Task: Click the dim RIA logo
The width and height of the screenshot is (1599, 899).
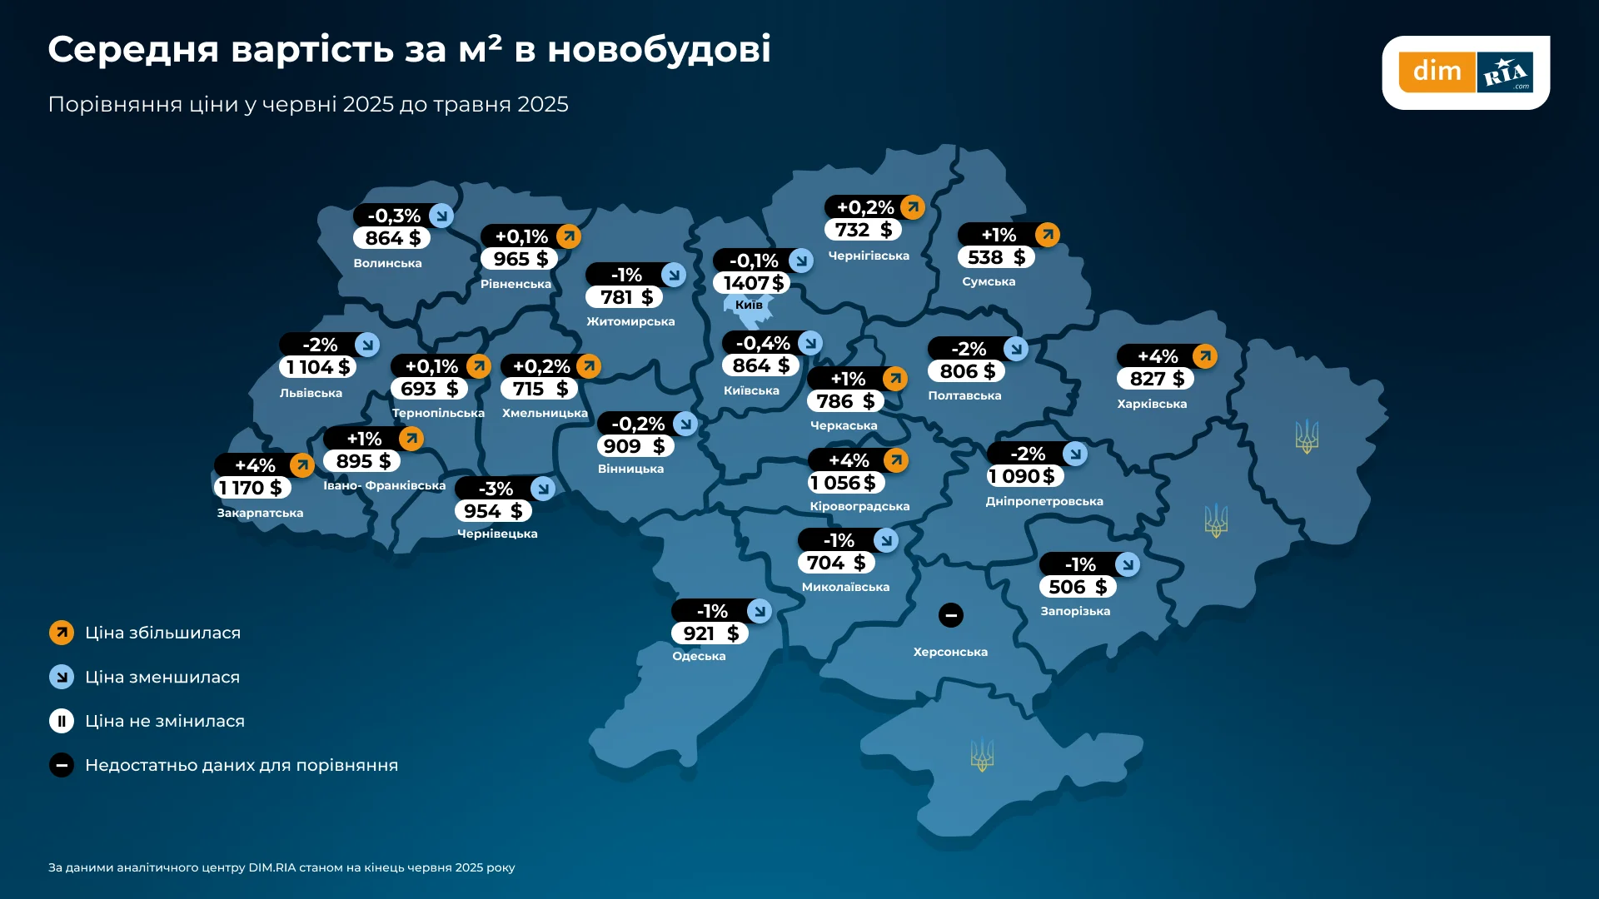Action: (1465, 72)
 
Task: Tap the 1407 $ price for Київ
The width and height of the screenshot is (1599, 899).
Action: (752, 283)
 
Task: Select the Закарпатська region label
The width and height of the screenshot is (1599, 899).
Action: (260, 513)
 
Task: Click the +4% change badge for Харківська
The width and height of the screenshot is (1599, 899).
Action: (1158, 356)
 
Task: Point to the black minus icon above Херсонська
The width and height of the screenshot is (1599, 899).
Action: (950, 615)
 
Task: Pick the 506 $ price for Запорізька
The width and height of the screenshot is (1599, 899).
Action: (1077, 587)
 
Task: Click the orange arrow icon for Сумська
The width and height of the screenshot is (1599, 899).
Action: (1047, 235)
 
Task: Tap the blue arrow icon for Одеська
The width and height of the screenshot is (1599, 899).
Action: (759, 611)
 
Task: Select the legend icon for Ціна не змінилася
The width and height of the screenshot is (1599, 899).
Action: (62, 721)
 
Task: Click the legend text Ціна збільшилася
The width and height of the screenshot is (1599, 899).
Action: (162, 633)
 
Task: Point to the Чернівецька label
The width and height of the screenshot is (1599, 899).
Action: (497, 534)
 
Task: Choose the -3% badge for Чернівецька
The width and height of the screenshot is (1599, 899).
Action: (496, 489)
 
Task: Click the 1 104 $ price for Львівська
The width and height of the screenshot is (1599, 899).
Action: (317, 367)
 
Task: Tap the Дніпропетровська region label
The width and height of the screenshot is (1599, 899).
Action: (1044, 501)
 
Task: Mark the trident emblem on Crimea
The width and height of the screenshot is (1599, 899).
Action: (982, 755)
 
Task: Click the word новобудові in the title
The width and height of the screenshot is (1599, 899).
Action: (659, 49)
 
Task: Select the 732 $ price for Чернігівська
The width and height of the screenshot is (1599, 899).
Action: (863, 230)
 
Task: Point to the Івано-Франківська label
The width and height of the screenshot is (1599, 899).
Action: (384, 485)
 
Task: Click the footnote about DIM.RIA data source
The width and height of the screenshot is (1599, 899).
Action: (281, 867)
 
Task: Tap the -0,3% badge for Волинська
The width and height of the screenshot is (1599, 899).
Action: (394, 216)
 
